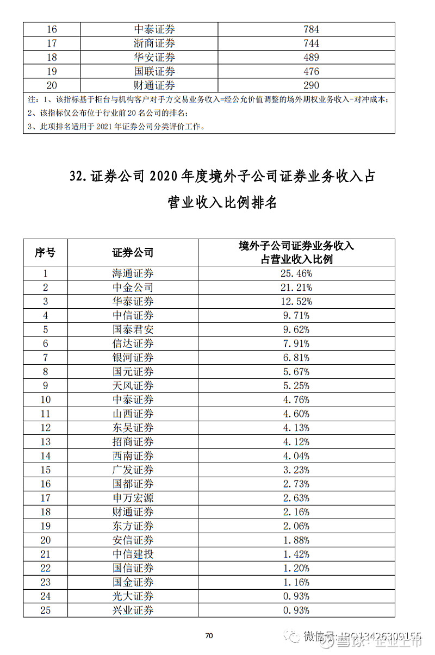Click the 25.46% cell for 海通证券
(x=296, y=273)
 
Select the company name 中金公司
(x=133, y=288)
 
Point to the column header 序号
(x=45, y=252)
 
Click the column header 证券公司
(x=133, y=252)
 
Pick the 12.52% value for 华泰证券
(x=296, y=302)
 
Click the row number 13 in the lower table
(x=45, y=442)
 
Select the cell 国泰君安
(x=133, y=329)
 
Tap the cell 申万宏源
(x=133, y=498)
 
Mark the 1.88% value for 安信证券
(x=296, y=540)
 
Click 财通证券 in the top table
(x=154, y=85)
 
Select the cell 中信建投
(x=133, y=554)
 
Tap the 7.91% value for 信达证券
(x=296, y=344)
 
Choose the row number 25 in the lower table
(x=45, y=610)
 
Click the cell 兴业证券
(x=133, y=610)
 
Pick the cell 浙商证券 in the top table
(x=154, y=43)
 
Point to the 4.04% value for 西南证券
(x=296, y=456)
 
